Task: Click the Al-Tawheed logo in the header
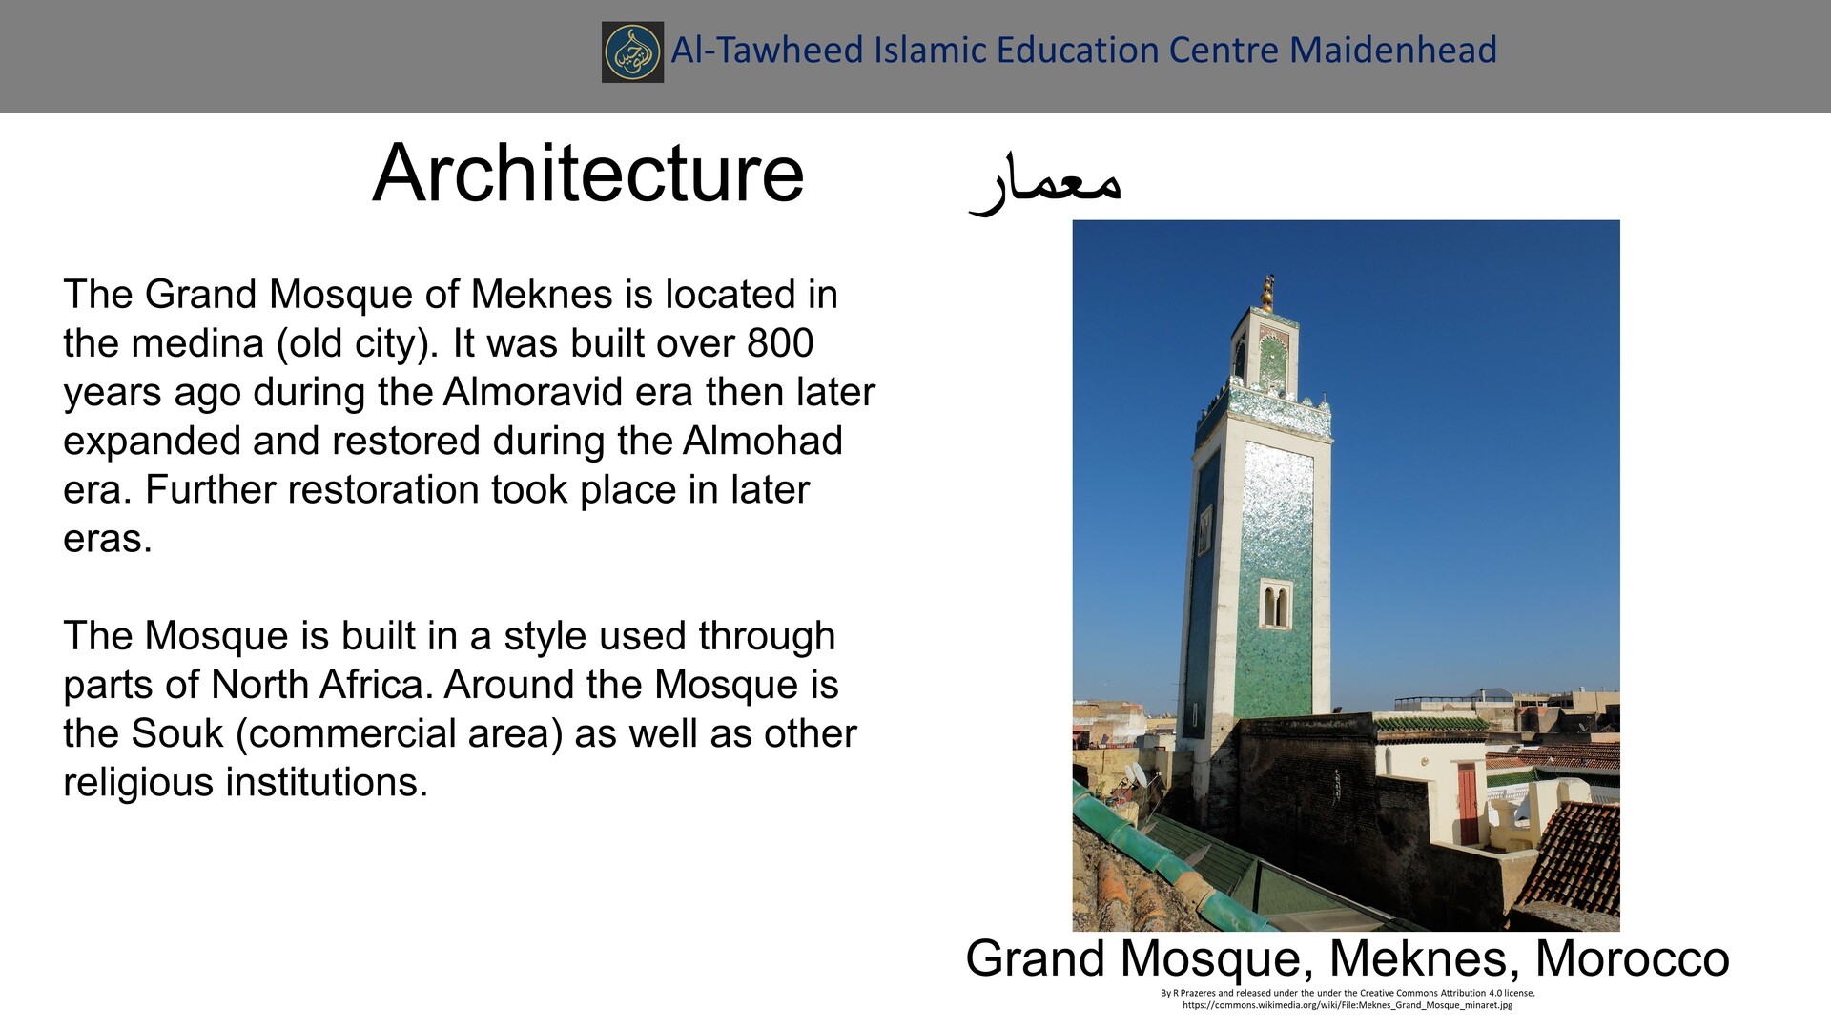632,51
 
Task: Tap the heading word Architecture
588,174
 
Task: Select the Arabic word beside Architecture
1045,180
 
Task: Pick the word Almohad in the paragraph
762,441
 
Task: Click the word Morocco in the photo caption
1632,958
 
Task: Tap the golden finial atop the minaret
1267,293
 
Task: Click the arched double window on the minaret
1275,606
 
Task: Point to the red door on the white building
1467,803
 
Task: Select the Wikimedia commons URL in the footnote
1347,1005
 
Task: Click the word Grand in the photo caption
1036,958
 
